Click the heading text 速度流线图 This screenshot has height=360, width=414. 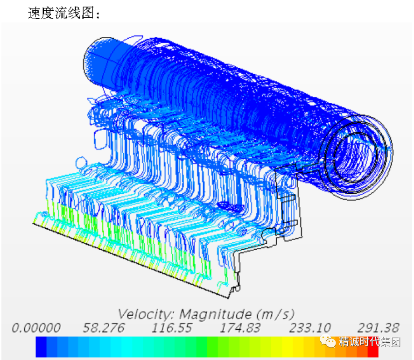click(61, 13)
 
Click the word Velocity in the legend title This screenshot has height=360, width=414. click(146, 314)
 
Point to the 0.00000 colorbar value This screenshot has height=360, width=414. click(36, 328)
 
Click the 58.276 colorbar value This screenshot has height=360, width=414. click(103, 328)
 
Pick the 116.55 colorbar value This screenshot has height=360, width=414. click(172, 328)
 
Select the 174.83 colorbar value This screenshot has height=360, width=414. click(240, 328)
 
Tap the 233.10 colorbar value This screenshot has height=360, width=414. click(310, 328)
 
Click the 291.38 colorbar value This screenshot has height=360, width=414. click(378, 328)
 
